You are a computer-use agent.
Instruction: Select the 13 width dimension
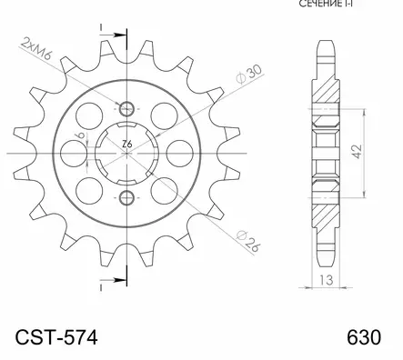326,282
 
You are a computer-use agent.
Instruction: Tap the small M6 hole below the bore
126,198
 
